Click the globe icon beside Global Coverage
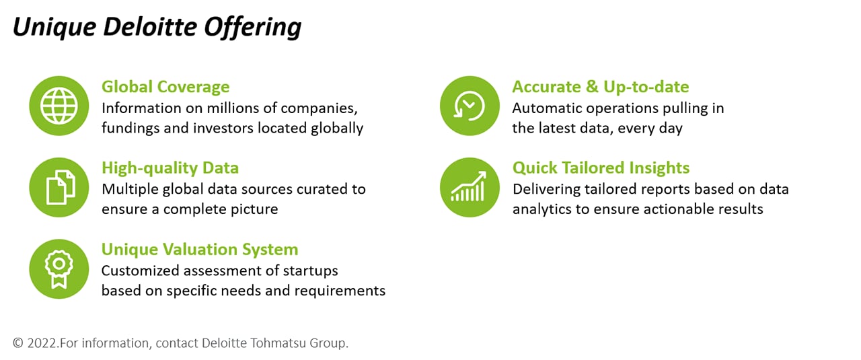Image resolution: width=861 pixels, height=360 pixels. coord(59,106)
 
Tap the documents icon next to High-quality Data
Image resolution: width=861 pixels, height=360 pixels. coord(59,187)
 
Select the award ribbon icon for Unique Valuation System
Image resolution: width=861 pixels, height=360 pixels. coord(59,269)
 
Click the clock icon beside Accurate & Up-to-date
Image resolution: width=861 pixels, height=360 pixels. coord(470,106)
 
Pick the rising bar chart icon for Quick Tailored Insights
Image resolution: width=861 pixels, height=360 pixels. coord(470,187)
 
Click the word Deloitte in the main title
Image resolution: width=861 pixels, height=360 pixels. coord(150,27)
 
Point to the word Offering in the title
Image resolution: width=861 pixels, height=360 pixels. coord(252,28)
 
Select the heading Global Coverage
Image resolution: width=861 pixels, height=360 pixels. coord(165,87)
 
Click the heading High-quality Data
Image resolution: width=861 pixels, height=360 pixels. coord(170,168)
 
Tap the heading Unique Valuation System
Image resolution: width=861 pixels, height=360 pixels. coord(200,250)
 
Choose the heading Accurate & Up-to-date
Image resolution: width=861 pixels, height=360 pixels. coord(601,87)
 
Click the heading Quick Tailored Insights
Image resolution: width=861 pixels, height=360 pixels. coord(601,168)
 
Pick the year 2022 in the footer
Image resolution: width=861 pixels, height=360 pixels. coord(42,343)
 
